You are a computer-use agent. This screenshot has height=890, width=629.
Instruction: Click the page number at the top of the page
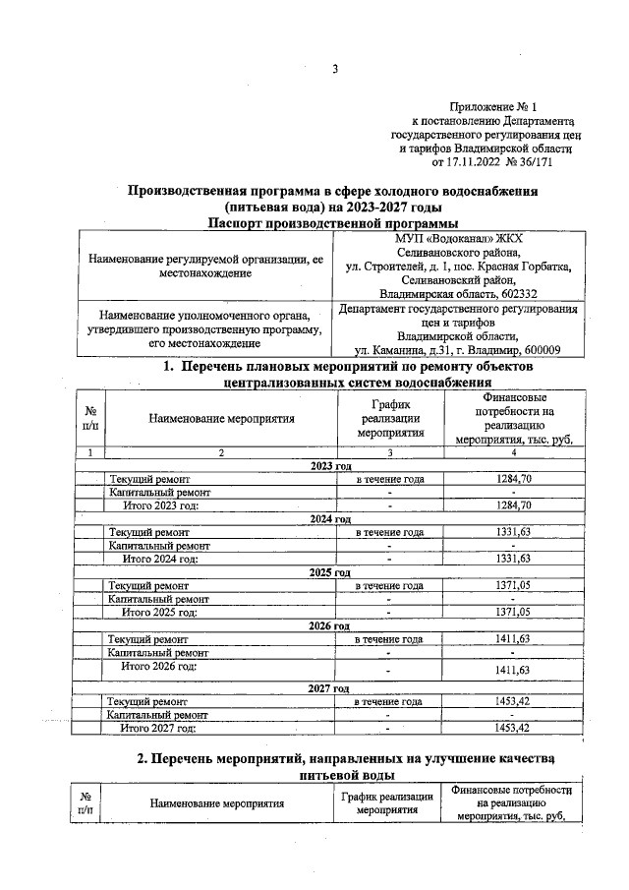tap(335, 68)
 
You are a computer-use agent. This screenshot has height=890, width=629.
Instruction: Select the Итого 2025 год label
tap(160, 612)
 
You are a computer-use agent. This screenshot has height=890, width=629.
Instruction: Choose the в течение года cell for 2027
tap(389, 701)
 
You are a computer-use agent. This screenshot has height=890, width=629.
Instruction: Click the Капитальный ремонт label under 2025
tap(158, 598)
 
